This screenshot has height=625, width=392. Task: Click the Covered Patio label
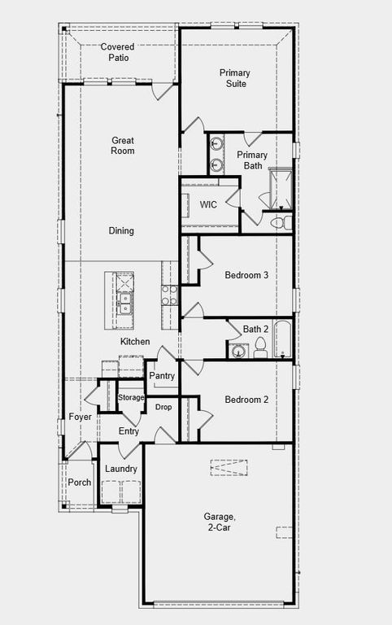click(117, 52)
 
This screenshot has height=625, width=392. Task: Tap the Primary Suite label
click(235, 78)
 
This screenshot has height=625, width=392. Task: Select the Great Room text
click(123, 146)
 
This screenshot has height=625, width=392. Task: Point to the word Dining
click(121, 231)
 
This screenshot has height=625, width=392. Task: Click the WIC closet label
click(208, 204)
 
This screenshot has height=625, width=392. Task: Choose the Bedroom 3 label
click(246, 275)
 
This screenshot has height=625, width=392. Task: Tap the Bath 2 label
click(255, 329)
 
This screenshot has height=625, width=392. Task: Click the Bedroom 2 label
click(246, 400)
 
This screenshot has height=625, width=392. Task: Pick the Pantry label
click(163, 376)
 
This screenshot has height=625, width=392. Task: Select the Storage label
click(131, 397)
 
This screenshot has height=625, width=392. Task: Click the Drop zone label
click(163, 406)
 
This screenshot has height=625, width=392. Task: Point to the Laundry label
click(121, 469)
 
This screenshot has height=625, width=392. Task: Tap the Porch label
click(80, 483)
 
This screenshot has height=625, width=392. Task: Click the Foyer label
click(80, 417)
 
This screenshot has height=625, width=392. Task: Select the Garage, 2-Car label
click(220, 522)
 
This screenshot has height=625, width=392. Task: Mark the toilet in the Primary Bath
click(278, 221)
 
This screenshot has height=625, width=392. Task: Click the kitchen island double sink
click(125, 304)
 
